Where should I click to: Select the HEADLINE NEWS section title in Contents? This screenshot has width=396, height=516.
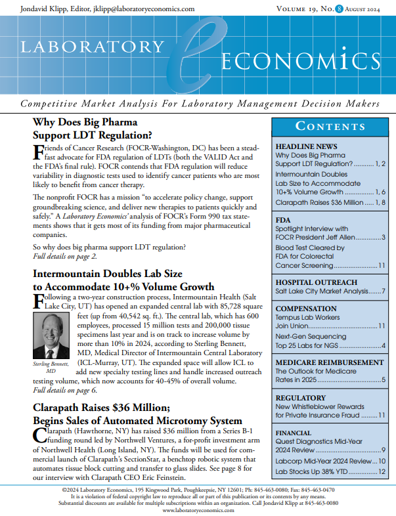(x=306, y=146)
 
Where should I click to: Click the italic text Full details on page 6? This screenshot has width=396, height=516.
(x=64, y=391)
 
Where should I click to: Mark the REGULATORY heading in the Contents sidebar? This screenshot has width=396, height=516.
(x=300, y=398)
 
